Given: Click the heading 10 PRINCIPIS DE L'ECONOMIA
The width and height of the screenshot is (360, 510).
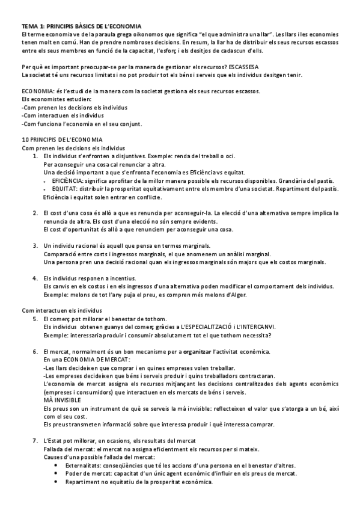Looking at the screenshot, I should point(62,140).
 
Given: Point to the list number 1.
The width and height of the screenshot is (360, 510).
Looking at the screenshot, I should point(35,156).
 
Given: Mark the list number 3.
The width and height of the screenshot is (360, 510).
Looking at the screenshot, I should point(35,245).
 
